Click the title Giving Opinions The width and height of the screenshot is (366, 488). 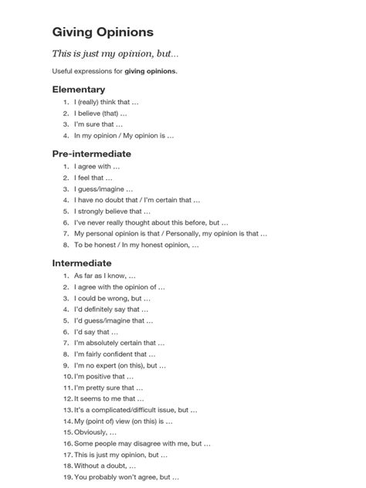(x=103, y=32)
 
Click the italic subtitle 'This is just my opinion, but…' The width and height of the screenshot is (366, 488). (x=115, y=53)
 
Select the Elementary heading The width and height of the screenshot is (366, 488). (x=78, y=90)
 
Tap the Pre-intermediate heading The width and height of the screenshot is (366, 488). (x=91, y=154)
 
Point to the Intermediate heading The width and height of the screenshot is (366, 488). (x=82, y=263)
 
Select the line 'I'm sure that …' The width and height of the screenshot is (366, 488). (x=98, y=124)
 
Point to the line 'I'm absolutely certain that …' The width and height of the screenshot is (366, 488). (x=119, y=343)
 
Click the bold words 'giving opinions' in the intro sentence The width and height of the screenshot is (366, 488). (x=151, y=71)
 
